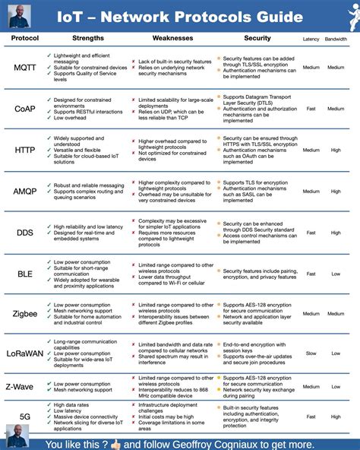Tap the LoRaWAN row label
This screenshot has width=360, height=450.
click(x=24, y=353)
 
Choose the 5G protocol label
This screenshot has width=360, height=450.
click(x=24, y=417)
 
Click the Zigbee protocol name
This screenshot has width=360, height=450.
click(x=24, y=314)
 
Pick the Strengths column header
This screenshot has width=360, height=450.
click(x=88, y=38)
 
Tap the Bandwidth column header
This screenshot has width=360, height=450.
click(x=336, y=39)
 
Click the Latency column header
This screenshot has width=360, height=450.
click(x=311, y=39)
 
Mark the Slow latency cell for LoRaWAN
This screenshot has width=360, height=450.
click(x=311, y=353)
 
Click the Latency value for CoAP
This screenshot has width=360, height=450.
click(x=311, y=109)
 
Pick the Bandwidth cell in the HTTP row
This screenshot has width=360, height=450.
click(x=336, y=151)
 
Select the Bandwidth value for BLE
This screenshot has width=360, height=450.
click(x=336, y=274)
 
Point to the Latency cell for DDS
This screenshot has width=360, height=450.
click(x=311, y=233)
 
